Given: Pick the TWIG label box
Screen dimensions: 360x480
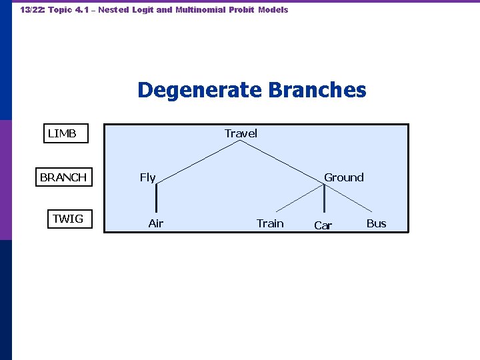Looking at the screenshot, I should pyautogui.click(x=68, y=219).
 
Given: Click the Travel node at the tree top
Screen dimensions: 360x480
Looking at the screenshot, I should pyautogui.click(x=241, y=133).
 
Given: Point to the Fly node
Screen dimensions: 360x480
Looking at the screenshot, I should pyautogui.click(x=147, y=177).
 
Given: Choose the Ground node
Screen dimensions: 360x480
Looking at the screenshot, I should pyautogui.click(x=344, y=177).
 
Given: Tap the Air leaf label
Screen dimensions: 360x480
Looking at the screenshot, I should pyautogui.click(x=155, y=223).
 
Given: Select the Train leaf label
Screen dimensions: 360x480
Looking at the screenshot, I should pyautogui.click(x=270, y=223).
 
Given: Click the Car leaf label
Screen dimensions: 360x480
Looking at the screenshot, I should pyautogui.click(x=323, y=226).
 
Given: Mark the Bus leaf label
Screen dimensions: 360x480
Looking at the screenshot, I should pyautogui.click(x=376, y=223).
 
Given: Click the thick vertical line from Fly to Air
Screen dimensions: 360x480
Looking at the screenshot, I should pyautogui.click(x=157, y=199).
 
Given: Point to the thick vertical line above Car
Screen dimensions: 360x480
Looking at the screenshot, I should pyautogui.click(x=324, y=199).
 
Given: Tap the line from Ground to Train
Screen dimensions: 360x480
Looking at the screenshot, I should pyautogui.click(x=300, y=198).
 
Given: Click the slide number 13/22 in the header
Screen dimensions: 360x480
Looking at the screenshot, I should pyautogui.click(x=32, y=10).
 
